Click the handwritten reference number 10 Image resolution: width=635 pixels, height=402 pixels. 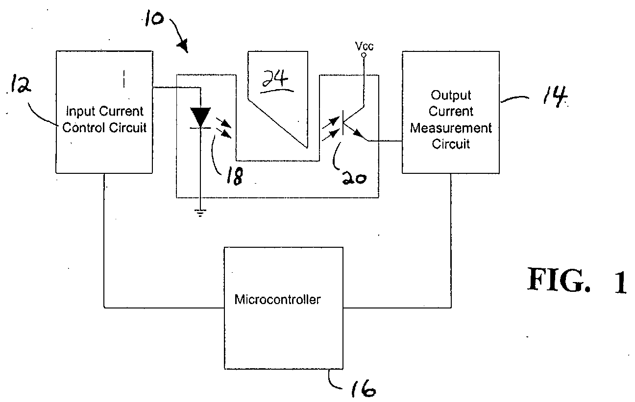(x=154, y=18)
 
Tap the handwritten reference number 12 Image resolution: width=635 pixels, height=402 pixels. (x=21, y=84)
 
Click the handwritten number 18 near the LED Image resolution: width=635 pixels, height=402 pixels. (x=235, y=176)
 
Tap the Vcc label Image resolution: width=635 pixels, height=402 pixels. (x=364, y=46)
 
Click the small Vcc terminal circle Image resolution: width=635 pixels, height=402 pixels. (x=364, y=55)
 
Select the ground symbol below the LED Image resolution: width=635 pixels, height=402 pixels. (x=200, y=213)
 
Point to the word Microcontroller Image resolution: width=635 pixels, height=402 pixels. (x=277, y=300)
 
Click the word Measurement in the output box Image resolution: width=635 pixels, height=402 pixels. (x=451, y=128)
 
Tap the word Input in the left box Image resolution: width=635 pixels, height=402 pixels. (x=80, y=111)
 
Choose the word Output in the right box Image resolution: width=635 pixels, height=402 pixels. (x=451, y=95)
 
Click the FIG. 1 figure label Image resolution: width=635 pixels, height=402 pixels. (x=577, y=280)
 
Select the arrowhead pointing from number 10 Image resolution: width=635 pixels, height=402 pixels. (x=183, y=46)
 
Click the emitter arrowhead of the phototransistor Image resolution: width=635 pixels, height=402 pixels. (x=358, y=133)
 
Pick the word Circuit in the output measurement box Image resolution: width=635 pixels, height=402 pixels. (x=451, y=144)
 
